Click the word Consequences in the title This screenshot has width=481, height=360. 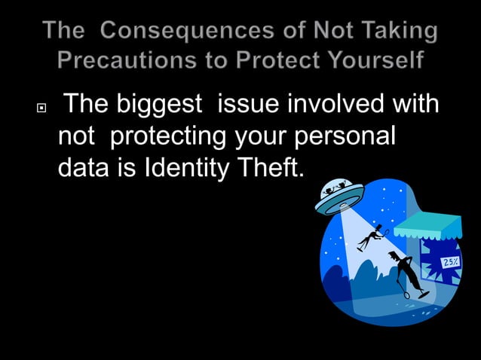pyautogui.click(x=181, y=31)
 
